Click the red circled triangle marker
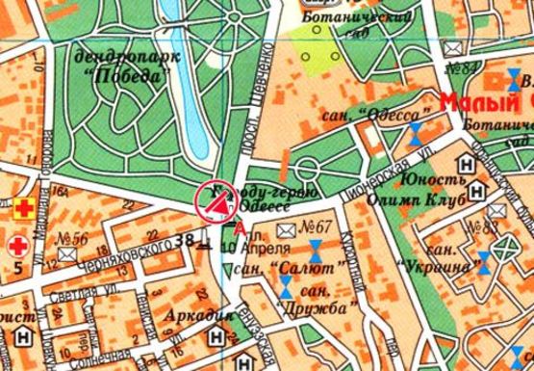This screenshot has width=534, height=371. point(216,202)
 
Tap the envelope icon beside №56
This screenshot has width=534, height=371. point(66,252)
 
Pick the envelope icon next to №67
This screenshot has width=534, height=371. point(286,229)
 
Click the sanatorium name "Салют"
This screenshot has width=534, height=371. point(292,265)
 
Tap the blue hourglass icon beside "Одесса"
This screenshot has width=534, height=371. point(415,133)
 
